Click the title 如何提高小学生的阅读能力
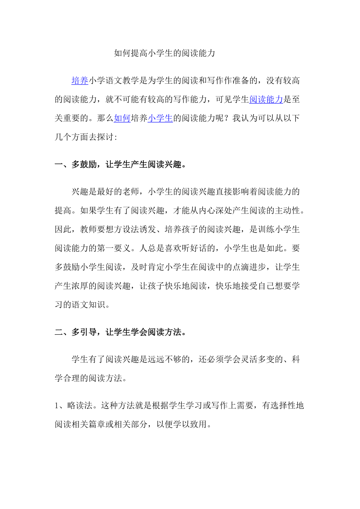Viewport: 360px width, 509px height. click(x=164, y=53)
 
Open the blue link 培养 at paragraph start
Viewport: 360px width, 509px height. click(x=80, y=81)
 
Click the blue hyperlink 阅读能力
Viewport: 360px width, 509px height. click(x=266, y=99)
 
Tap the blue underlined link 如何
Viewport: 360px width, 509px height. click(x=122, y=118)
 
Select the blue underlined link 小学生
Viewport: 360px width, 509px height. click(x=160, y=118)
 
